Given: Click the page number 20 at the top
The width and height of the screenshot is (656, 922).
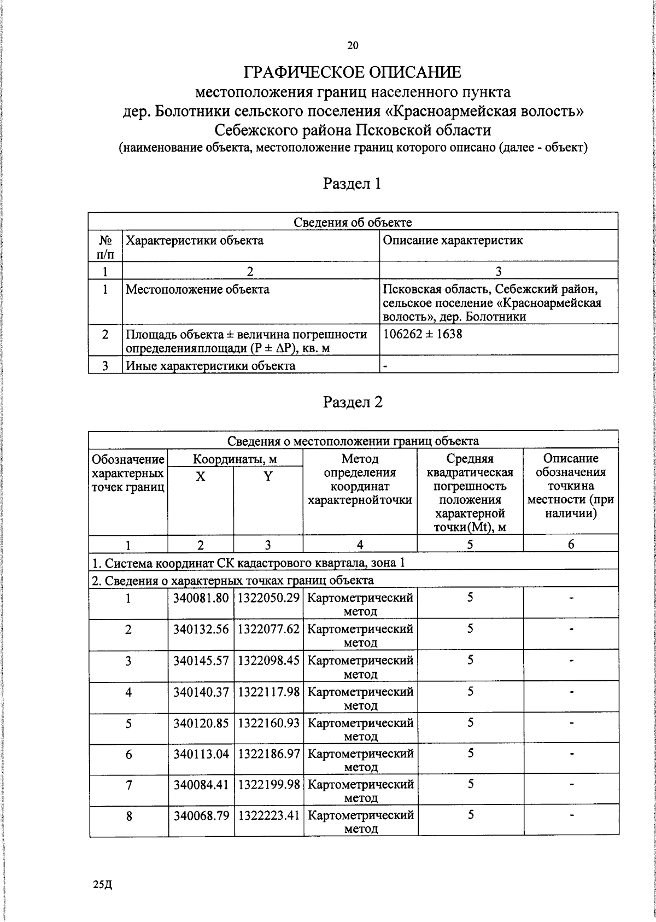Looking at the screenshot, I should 353,46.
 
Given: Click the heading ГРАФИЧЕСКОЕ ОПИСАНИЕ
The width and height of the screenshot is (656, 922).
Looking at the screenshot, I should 353,72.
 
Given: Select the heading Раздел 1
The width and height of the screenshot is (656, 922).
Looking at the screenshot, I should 353,183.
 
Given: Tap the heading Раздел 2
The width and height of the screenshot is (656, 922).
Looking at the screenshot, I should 353,402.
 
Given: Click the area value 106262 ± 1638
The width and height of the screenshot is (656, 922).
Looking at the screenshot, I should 423,334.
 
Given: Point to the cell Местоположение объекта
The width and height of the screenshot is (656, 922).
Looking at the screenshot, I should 197,290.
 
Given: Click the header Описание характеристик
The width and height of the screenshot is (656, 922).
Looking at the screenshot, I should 453,241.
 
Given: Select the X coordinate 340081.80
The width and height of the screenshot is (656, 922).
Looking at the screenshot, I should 201,598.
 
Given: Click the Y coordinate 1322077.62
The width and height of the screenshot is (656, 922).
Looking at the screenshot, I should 268,629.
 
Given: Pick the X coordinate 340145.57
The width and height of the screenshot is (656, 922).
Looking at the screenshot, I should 201,661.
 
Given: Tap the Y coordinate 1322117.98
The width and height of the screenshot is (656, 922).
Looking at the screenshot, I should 268,692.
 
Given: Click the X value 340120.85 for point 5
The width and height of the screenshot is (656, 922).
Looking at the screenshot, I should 201,723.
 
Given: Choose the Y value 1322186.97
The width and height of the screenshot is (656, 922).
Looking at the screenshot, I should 268,754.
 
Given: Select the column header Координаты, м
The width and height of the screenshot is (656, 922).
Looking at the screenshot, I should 235,459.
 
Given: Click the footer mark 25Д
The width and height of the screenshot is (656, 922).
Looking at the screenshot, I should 102,884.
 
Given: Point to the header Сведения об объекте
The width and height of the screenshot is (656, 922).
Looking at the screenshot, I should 353,222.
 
